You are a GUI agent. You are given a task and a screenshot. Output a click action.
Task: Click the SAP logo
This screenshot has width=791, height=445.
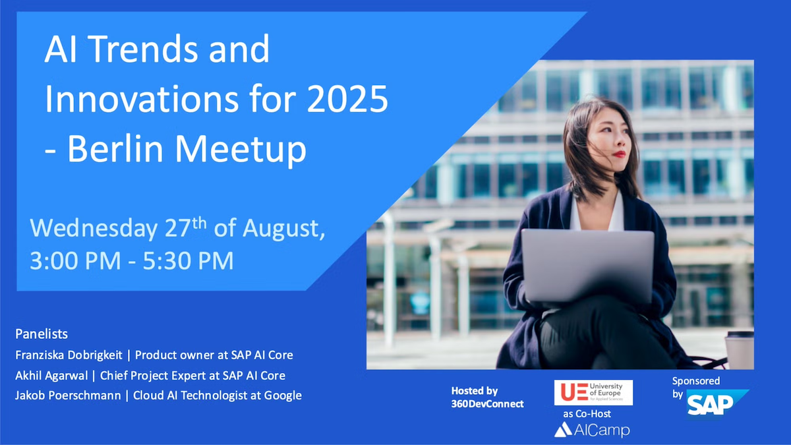coord(717,403)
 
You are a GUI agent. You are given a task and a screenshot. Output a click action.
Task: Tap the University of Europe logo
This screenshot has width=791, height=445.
coord(593,392)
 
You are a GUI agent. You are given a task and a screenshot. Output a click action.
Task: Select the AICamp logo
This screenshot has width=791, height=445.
coord(592,430)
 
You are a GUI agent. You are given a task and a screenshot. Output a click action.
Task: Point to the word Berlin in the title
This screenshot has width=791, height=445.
coord(115,149)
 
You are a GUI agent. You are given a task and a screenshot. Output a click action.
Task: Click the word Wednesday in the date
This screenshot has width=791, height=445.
coord(94,228)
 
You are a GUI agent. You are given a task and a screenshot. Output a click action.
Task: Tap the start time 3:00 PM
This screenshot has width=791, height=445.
coord(75,260)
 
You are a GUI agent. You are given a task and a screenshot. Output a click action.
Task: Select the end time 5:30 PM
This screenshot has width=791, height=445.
coord(189,260)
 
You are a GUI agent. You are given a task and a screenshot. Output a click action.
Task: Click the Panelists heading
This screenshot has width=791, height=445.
coord(42,334)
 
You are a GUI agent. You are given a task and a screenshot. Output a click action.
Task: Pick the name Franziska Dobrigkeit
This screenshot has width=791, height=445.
coord(69,355)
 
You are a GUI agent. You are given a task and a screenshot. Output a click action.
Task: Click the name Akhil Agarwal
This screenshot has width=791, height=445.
coord(51,375)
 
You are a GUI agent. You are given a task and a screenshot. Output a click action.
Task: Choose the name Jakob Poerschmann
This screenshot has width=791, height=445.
coord(68,395)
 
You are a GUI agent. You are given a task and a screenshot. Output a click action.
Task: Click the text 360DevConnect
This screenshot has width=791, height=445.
coord(487,403)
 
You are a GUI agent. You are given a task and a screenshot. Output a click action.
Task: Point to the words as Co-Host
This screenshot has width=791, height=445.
coord(587,413)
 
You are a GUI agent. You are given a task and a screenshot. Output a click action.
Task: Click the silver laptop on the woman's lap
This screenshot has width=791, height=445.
coord(587,266)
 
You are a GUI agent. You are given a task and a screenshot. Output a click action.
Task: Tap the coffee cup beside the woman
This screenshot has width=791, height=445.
coord(740,350)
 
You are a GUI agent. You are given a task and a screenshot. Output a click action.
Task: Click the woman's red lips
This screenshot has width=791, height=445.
coord(619,154)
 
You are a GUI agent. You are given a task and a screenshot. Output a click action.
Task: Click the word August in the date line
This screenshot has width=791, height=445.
coord(283,229)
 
